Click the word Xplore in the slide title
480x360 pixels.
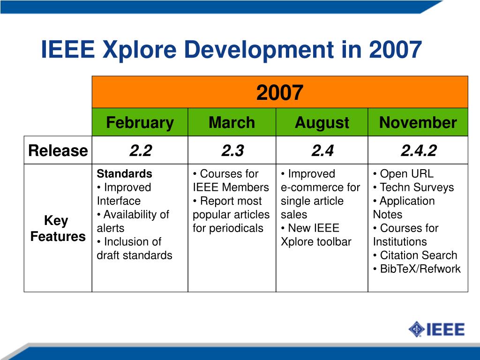click(140, 50)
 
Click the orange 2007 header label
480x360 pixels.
click(280, 92)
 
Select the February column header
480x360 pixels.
click(140, 123)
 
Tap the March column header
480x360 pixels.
click(232, 122)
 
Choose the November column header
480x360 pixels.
click(418, 122)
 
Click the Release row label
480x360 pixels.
click(58, 150)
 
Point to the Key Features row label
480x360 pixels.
click(58, 228)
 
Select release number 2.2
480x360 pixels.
click(141, 150)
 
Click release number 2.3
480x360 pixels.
click(232, 150)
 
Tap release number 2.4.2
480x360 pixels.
click(419, 150)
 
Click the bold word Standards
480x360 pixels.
click(124, 174)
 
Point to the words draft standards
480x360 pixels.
click(135, 255)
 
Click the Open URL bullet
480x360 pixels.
click(404, 174)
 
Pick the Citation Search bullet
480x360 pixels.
click(415, 255)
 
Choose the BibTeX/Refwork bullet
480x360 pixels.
click(417, 269)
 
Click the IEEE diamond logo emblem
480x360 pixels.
click(416, 330)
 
